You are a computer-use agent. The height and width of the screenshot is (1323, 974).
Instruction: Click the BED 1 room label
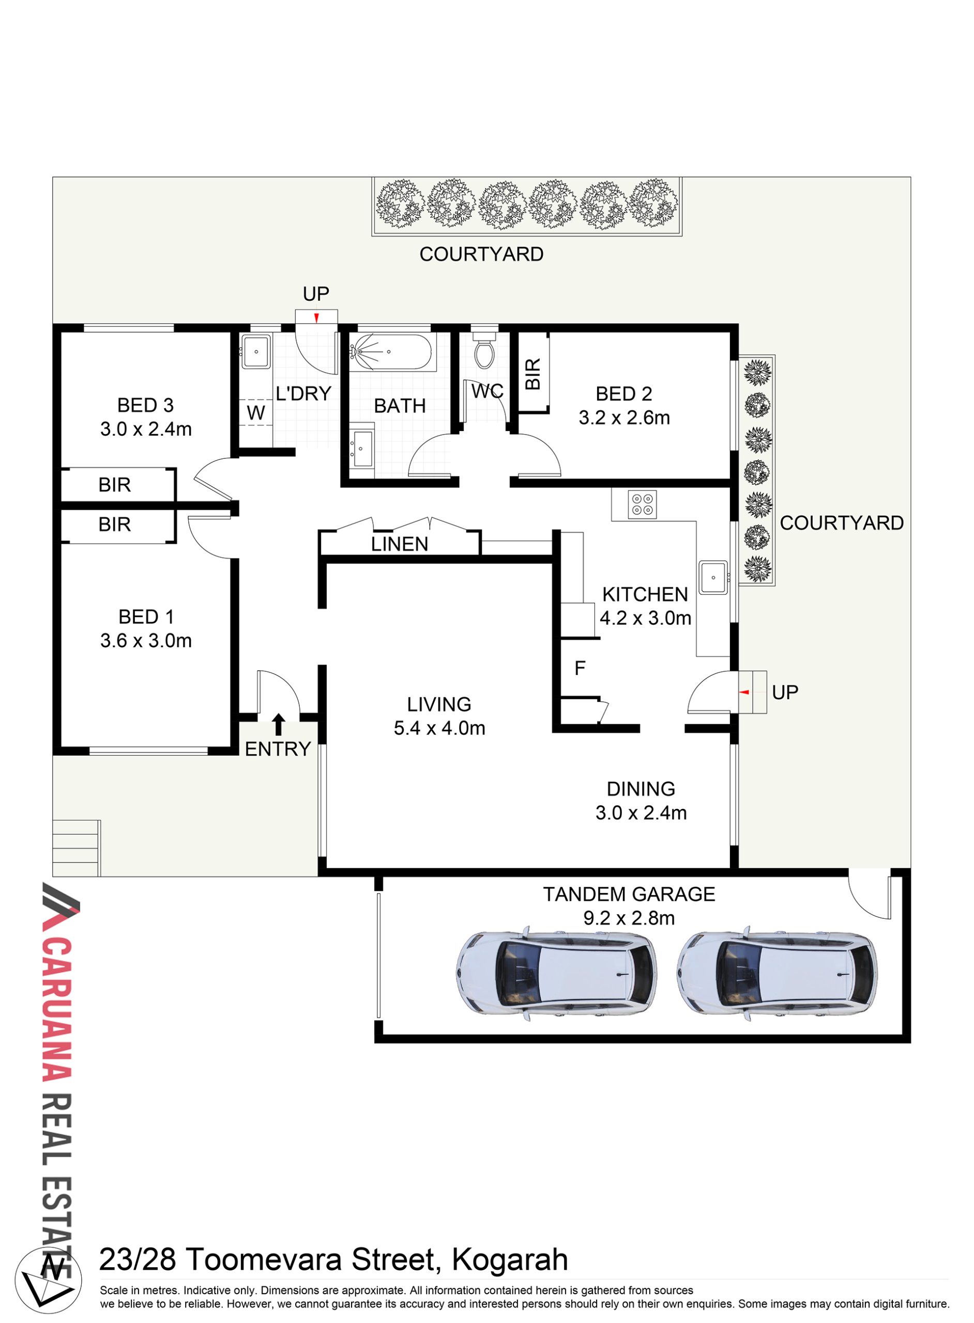146,617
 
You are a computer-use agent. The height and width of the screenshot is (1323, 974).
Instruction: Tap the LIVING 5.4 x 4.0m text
439,716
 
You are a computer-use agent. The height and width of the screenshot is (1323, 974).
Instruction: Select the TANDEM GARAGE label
629,894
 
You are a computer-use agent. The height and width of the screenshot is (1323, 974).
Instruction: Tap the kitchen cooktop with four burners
642,504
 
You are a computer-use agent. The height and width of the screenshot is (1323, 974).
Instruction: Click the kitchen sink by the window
713,578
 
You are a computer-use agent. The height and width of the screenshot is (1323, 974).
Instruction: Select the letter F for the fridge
580,668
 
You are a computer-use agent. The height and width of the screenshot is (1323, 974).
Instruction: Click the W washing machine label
256,412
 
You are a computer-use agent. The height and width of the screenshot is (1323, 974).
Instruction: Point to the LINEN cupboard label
400,544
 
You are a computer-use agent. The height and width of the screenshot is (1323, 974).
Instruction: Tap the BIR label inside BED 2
532,374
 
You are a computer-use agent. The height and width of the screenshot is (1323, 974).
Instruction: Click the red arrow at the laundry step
316,318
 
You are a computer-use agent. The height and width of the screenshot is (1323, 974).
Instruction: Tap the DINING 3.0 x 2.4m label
641,801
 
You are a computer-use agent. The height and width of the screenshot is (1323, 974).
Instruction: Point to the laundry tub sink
256,351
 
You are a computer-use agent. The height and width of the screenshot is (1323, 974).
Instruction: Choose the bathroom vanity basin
361,449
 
